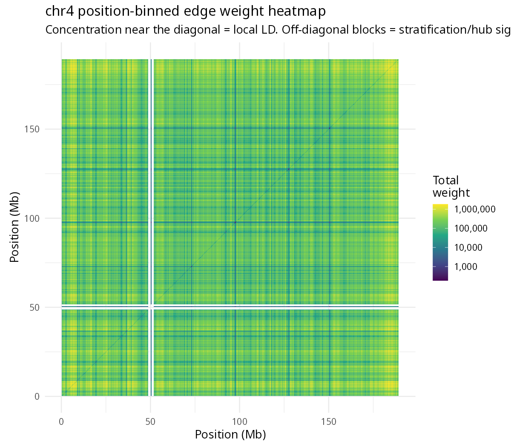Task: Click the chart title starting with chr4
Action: [185, 11]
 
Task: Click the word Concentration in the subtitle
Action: [83, 30]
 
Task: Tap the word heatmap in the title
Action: [297, 11]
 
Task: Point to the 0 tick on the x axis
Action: [61, 422]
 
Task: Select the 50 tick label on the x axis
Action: [150, 422]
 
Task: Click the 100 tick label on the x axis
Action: [239, 422]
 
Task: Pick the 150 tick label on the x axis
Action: [329, 422]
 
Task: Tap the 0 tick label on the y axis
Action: [37, 396]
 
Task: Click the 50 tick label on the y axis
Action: [34, 307]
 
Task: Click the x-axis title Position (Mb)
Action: [230, 435]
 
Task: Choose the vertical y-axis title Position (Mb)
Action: [14, 227]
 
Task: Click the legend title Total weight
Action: [451, 186]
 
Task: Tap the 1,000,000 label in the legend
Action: [475, 209]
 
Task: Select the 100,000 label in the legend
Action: [471, 229]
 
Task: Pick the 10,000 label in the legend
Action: [468, 247]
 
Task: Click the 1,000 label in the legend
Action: [465, 266]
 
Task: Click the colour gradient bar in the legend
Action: [440, 242]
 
